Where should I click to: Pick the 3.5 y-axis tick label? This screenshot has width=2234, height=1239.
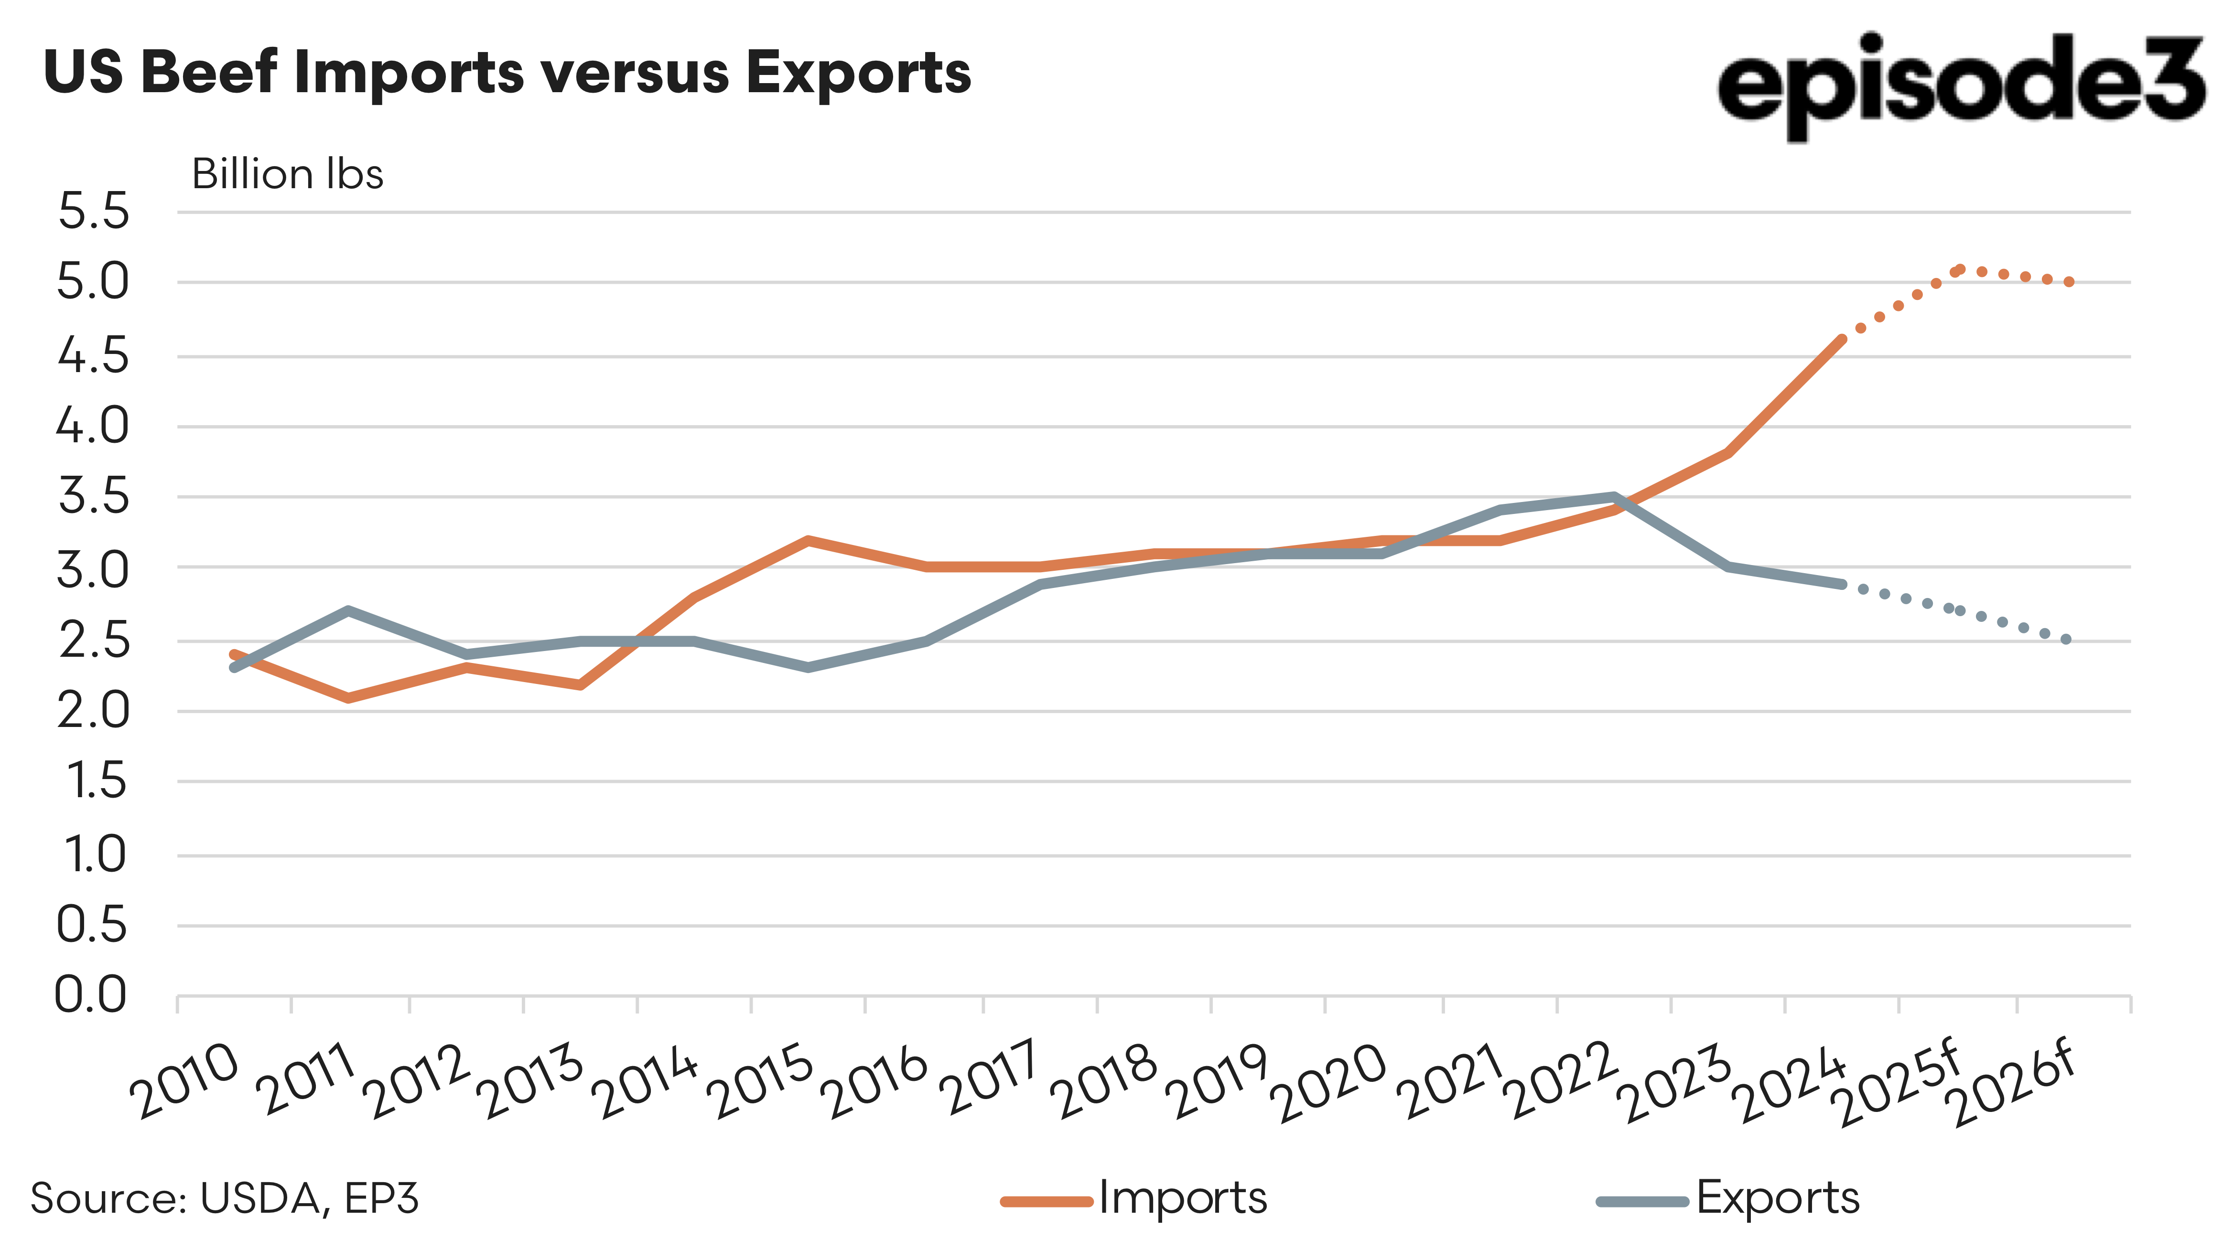[93, 497]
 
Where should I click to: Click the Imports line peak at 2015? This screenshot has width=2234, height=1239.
[808, 540]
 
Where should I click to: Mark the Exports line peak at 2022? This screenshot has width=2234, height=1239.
[1614, 497]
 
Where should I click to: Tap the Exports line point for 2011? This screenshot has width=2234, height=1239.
[348, 610]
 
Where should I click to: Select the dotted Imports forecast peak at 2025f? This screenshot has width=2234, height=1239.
[1958, 270]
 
